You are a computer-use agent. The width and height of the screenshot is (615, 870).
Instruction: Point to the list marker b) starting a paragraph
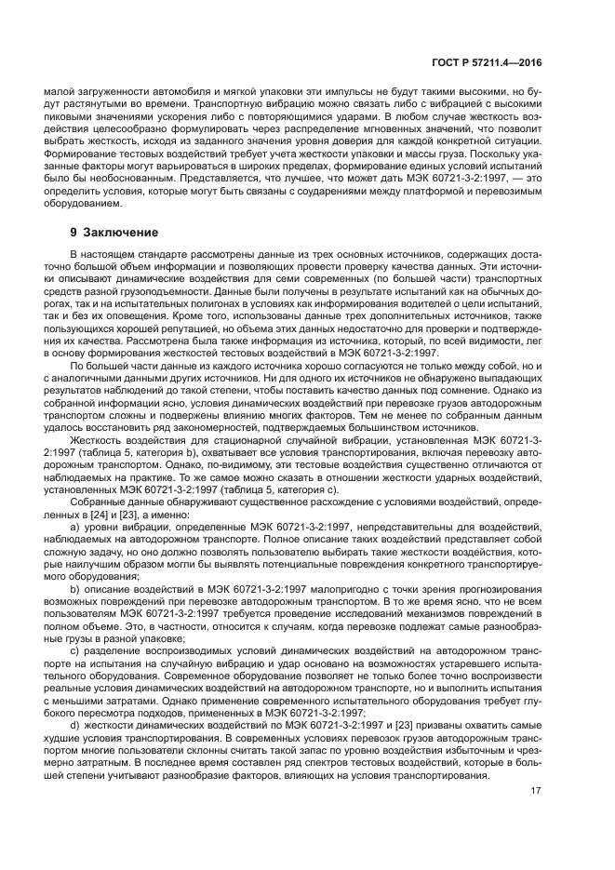click(76, 587)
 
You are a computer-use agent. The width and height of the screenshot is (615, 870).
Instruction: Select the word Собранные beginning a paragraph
click(100, 502)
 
